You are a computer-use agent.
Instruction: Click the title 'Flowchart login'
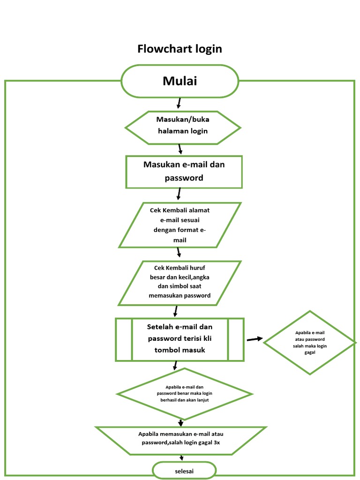[180, 49]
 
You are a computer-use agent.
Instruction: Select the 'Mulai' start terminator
[180, 81]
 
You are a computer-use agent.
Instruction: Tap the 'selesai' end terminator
[184, 470]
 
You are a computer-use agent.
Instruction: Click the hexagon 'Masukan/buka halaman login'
[182, 127]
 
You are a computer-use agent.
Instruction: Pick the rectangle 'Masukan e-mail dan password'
[184, 172]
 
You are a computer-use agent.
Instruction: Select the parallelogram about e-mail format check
[180, 225]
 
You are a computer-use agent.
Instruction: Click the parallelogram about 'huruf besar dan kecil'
[180, 283]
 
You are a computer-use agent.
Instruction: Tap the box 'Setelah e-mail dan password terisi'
[180, 339]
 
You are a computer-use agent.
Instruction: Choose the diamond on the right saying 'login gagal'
[309, 343]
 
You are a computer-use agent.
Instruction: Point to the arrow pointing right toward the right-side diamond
[255, 338]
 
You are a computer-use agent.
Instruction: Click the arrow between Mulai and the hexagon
[179, 103]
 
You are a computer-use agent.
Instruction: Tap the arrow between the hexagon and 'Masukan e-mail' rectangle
[180, 149]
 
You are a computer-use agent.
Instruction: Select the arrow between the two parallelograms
[179, 253]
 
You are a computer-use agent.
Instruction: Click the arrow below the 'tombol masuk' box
[175, 366]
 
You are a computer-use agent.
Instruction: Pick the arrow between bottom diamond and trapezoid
[180, 423]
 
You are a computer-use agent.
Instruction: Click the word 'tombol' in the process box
[165, 350]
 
